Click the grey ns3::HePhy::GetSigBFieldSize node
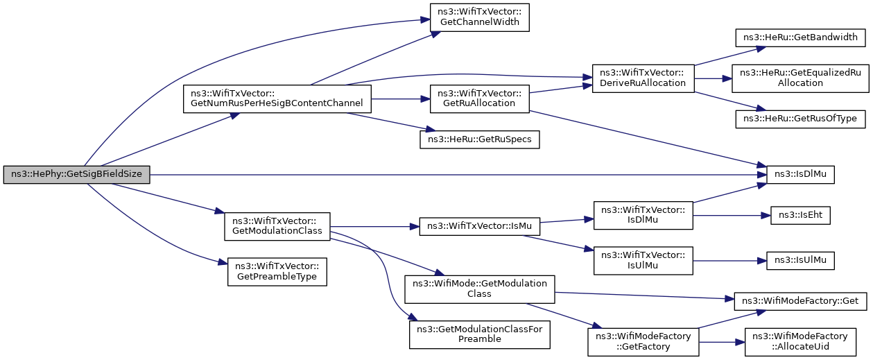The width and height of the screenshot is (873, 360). click(76, 174)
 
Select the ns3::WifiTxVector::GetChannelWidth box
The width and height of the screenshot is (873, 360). click(479, 17)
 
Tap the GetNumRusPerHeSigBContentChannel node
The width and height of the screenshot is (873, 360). click(277, 98)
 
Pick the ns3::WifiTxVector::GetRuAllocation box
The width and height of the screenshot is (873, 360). click(479, 98)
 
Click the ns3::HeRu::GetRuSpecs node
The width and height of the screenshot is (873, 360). click(479, 139)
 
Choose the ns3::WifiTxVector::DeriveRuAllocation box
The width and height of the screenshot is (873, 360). click(643, 78)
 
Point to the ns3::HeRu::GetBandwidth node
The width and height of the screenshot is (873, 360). click(800, 37)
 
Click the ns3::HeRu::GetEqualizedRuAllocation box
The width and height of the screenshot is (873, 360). click(800, 78)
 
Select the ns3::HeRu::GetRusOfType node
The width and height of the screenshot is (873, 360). click(800, 119)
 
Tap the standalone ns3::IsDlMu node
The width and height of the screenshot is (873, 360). click(800, 174)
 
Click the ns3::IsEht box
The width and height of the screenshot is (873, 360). click(800, 215)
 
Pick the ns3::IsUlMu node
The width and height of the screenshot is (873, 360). click(800, 261)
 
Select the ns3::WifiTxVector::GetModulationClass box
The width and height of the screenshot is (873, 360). click(277, 226)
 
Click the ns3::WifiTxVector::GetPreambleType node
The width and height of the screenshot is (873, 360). click(277, 271)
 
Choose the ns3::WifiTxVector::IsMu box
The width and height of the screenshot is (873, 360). click(479, 226)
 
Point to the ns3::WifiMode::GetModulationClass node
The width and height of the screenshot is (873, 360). click(479, 289)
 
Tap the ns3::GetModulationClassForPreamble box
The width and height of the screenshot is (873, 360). click(479, 334)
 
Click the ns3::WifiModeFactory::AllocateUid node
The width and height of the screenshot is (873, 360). click(800, 342)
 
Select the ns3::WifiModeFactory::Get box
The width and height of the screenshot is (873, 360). click(800, 302)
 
